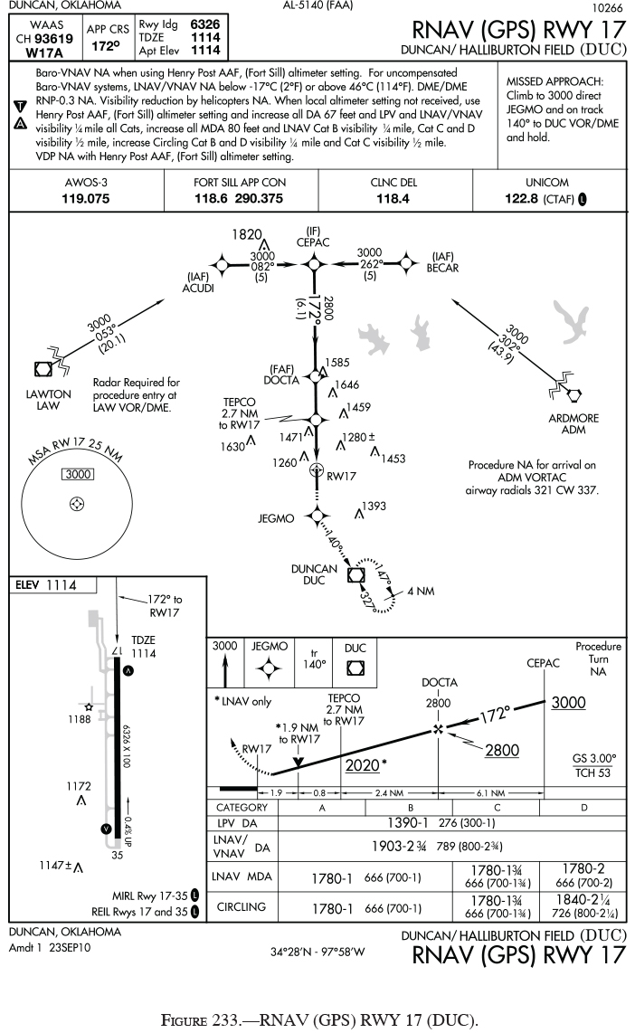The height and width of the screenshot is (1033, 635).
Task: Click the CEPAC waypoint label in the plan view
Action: point(313,242)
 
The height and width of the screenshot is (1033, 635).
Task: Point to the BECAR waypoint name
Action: point(443,268)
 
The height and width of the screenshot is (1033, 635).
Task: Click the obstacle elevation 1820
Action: point(246,233)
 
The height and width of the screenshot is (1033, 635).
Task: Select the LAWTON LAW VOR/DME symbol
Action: point(42,368)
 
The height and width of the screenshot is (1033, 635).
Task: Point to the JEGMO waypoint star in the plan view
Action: point(316,515)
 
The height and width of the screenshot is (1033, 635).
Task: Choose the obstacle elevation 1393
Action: point(374,506)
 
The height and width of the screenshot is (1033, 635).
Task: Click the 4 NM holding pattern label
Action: point(420,591)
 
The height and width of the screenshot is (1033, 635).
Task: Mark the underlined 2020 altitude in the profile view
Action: point(363,765)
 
